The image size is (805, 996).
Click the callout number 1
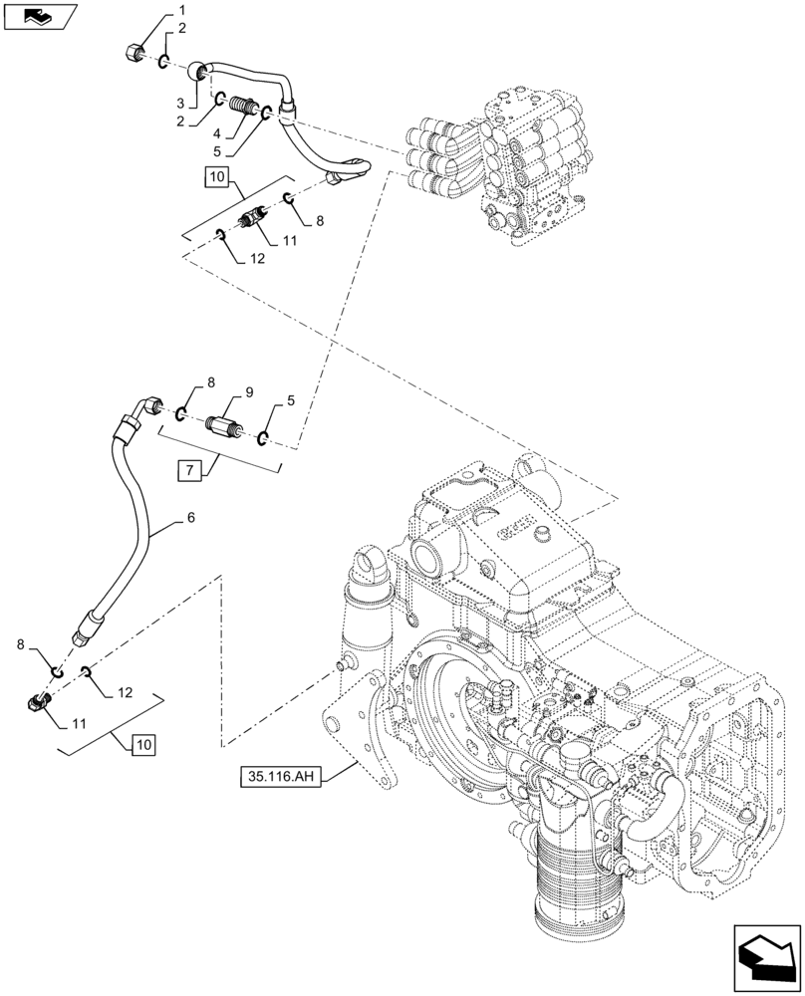point(182,10)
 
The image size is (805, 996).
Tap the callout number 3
point(181,104)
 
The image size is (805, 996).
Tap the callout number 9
point(221,391)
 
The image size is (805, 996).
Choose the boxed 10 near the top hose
point(219,178)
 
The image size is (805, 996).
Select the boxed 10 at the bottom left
point(142,743)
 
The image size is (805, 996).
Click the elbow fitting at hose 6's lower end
point(37,705)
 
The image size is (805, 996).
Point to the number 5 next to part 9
point(290,401)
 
